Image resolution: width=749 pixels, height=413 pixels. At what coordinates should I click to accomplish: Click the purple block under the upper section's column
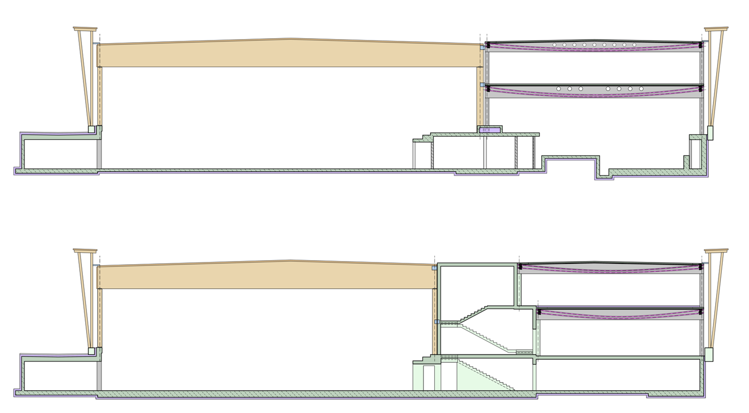490,130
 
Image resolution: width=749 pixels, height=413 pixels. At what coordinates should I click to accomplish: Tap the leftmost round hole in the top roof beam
554,45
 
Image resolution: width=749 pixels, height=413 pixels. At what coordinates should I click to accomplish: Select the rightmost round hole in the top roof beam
634,45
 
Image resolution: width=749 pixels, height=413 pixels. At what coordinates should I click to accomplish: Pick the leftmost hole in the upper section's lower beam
559,89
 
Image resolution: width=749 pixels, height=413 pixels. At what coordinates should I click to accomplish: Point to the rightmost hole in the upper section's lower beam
641,89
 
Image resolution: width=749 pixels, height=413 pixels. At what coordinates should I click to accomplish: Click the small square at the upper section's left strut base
91,129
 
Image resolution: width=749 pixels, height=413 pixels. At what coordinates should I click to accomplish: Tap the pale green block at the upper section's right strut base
710,133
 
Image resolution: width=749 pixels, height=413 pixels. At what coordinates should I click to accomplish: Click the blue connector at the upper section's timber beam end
482,47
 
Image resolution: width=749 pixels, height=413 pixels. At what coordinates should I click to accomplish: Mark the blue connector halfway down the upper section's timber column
482,85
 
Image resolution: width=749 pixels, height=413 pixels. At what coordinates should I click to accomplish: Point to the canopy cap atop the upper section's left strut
85,29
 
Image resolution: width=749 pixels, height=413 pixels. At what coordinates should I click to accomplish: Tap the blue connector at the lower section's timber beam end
435,268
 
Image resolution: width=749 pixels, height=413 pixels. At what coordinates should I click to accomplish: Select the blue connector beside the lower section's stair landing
436,322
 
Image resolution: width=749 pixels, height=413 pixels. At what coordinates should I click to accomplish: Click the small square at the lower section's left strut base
91,351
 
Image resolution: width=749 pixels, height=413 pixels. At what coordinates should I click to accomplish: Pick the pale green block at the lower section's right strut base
709,354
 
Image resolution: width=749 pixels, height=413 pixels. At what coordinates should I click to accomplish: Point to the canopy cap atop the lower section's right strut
716,251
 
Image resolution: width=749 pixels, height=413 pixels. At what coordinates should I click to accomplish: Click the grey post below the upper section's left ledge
99,154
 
